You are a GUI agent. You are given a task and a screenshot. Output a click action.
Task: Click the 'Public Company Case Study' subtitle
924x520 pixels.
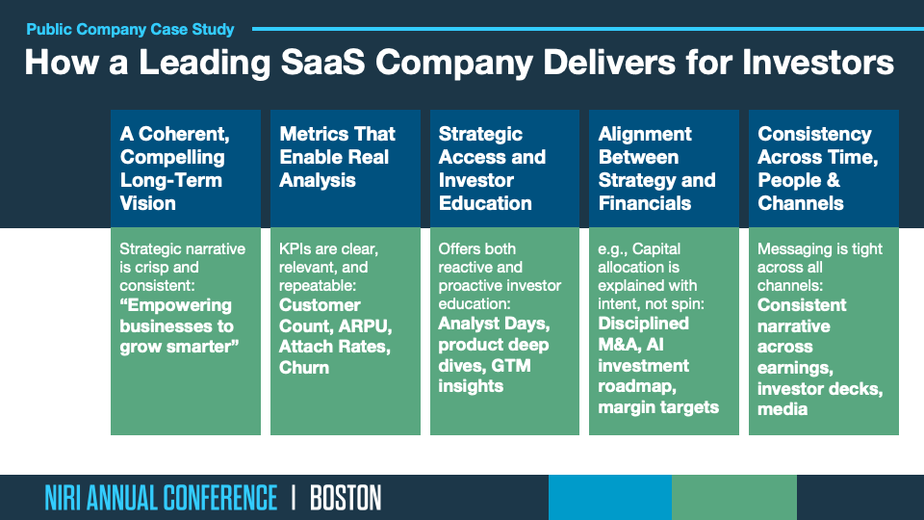(130, 29)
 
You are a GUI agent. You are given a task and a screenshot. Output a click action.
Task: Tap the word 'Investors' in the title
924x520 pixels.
(818, 62)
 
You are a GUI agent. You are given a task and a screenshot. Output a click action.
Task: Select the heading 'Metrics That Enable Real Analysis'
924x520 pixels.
(337, 157)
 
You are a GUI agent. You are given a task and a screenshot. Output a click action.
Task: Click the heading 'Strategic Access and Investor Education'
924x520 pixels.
(492, 168)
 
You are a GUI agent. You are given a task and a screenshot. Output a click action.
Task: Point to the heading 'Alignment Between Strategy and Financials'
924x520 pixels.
(656, 168)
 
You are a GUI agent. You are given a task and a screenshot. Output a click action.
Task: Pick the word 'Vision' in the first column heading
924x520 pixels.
(148, 203)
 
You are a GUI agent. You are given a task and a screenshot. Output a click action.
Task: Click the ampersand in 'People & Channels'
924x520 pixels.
(833, 180)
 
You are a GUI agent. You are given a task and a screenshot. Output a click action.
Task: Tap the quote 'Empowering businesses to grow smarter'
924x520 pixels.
(179, 326)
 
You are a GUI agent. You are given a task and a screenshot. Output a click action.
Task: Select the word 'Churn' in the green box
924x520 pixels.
(304, 367)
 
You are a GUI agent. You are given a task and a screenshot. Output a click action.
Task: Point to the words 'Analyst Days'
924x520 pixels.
(494, 324)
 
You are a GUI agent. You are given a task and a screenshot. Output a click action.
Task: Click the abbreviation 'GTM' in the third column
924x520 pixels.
(511, 366)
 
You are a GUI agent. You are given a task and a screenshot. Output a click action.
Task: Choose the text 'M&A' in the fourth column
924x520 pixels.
(619, 345)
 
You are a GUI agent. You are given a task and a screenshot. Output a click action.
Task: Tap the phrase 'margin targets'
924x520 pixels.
(658, 407)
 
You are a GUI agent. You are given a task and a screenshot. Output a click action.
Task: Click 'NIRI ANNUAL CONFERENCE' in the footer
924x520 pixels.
(161, 498)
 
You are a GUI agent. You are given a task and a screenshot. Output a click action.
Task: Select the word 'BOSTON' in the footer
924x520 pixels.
(346, 498)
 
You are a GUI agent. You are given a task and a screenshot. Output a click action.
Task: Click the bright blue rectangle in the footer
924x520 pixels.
(610, 498)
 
